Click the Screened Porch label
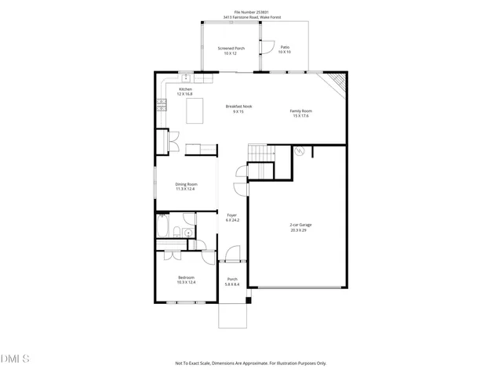[x=231, y=50]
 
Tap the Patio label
[x=285, y=50]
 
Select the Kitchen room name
[x=185, y=92]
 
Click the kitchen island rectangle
[x=195, y=111]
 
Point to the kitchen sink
[x=187, y=78]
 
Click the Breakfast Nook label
[x=238, y=109]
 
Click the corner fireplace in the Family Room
[x=335, y=80]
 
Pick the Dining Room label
[x=185, y=186]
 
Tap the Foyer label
[x=232, y=217]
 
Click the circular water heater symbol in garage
[x=298, y=152]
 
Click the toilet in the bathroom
[x=180, y=232]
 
